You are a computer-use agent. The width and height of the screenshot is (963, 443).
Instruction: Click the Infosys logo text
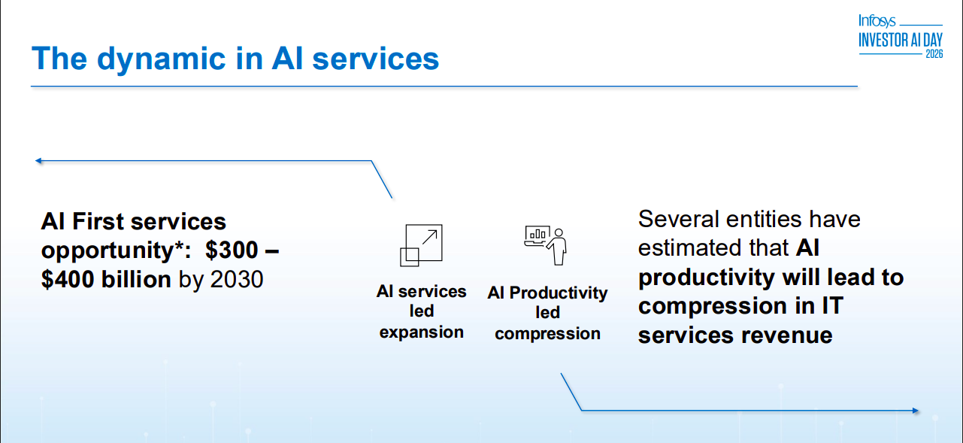pyautogui.click(x=877, y=21)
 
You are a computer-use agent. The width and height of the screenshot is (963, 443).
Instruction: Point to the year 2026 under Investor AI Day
pyautogui.click(x=933, y=55)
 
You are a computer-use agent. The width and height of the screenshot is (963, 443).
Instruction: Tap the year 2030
pyautogui.click(x=237, y=280)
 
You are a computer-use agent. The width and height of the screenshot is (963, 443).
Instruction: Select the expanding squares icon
pyautogui.click(x=421, y=245)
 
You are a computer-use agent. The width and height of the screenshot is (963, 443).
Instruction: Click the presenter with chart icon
pyautogui.click(x=546, y=244)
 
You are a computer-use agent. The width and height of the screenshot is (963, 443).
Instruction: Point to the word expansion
pyautogui.click(x=421, y=332)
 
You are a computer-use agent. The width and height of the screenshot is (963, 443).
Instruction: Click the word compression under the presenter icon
pyautogui.click(x=547, y=334)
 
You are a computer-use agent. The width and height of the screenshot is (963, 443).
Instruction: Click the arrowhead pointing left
pyautogui.click(x=38, y=160)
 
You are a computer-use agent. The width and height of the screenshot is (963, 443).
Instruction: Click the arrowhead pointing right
pyautogui.click(x=915, y=411)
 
